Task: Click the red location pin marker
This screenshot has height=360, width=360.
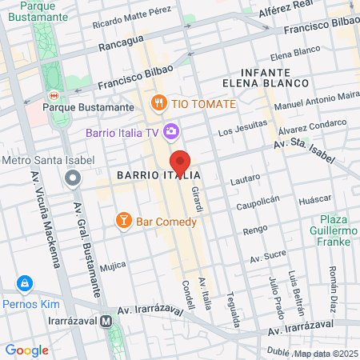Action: pyautogui.click(x=180, y=163)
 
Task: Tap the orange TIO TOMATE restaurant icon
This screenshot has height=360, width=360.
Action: pyautogui.click(x=159, y=103)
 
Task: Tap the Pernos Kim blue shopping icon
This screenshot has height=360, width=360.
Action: pyautogui.click(x=26, y=284)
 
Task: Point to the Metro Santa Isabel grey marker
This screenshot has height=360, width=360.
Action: pyautogui.click(x=73, y=178)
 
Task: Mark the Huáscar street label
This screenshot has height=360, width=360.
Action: pyautogui.click(x=314, y=201)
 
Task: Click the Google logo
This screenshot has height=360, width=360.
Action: pyautogui.click(x=26, y=350)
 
